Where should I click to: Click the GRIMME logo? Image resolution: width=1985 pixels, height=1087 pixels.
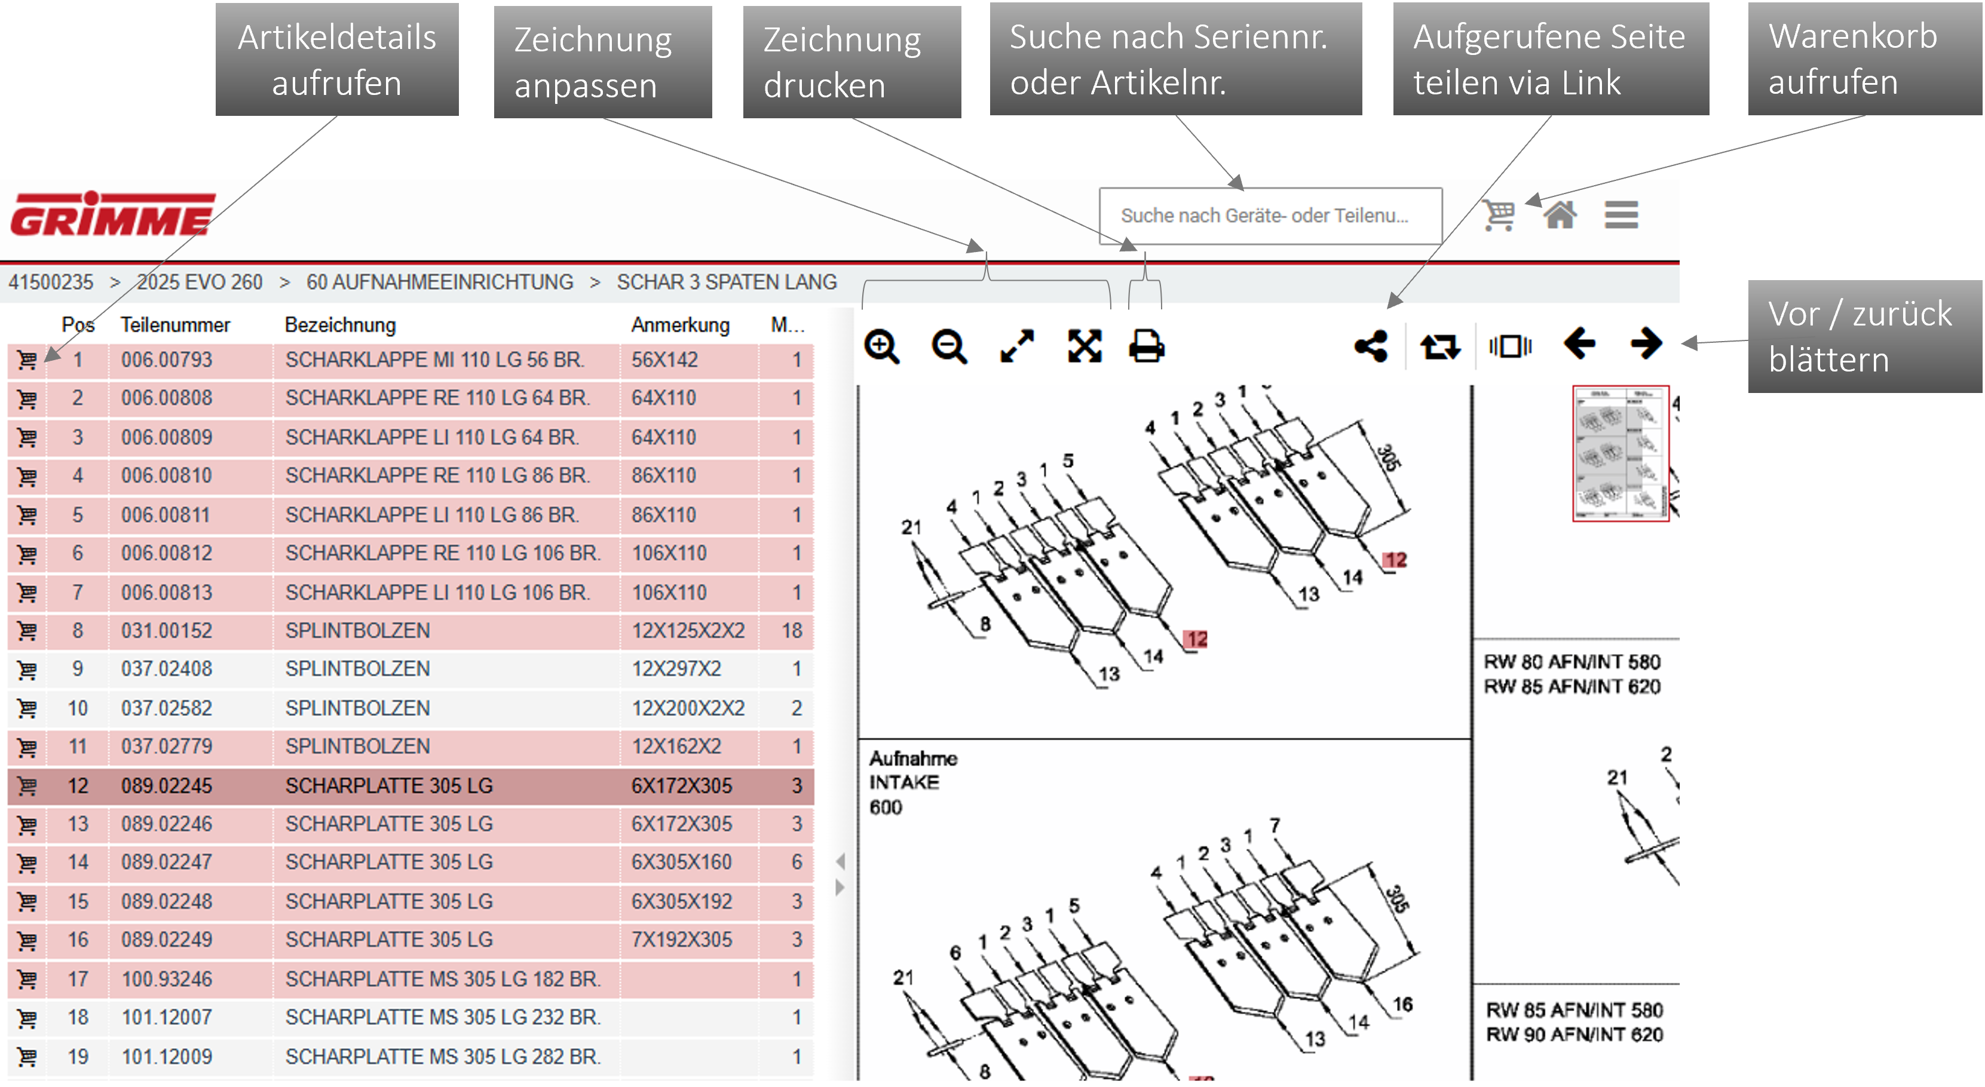pyautogui.click(x=112, y=214)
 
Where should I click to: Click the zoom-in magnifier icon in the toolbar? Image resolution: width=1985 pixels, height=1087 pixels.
pyautogui.click(x=881, y=346)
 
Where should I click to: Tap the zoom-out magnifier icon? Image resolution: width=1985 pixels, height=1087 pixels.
pyautogui.click(x=948, y=346)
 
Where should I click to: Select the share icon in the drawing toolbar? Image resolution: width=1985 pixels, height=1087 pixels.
pyautogui.click(x=1371, y=346)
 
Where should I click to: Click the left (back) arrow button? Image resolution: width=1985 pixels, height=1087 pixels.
pyautogui.click(x=1579, y=343)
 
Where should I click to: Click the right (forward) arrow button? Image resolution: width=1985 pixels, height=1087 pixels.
pyautogui.click(x=1647, y=343)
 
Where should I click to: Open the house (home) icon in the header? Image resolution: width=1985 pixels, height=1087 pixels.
pyautogui.click(x=1560, y=214)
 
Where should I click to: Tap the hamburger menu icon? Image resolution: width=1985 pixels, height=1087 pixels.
pyautogui.click(x=1621, y=215)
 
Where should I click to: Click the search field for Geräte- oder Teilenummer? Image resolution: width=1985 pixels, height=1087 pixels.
pyautogui.click(x=1270, y=216)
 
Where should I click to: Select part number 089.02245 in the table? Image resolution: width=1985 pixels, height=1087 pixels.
pyautogui.click(x=167, y=786)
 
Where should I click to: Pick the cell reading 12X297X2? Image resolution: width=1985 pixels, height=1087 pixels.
pyautogui.click(x=676, y=669)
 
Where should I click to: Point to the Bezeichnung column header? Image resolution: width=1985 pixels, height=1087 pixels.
pyautogui.click(x=340, y=325)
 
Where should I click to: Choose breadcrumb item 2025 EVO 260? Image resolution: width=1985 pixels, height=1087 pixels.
pyautogui.click(x=200, y=282)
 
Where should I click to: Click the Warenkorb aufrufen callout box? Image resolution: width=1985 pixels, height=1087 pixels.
pyautogui.click(x=1865, y=59)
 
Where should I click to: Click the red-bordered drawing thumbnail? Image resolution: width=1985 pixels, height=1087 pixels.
pyautogui.click(x=1621, y=454)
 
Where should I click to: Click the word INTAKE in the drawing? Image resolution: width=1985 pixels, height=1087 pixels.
pyautogui.click(x=904, y=783)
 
